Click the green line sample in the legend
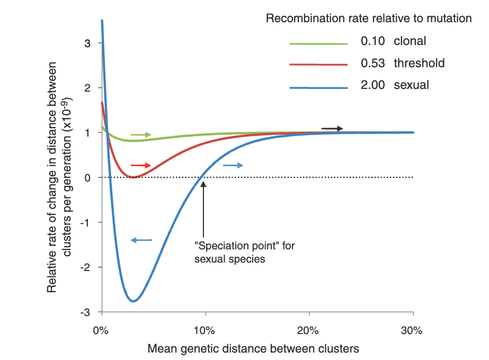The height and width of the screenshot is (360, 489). (x=318, y=42)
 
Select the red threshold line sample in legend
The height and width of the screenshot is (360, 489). (x=318, y=64)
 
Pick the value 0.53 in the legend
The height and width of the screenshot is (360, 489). (x=372, y=64)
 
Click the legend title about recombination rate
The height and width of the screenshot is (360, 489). (x=368, y=19)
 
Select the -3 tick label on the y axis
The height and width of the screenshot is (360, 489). (x=85, y=312)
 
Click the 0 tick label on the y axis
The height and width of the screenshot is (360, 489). (x=87, y=177)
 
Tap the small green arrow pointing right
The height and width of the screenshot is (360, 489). (x=141, y=135)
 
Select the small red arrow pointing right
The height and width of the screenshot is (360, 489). (x=141, y=165)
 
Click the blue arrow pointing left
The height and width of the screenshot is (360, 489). (x=141, y=240)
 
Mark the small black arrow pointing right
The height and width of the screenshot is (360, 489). (x=332, y=129)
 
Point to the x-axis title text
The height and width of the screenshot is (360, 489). (x=253, y=348)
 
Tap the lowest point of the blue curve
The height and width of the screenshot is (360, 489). (x=134, y=301)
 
